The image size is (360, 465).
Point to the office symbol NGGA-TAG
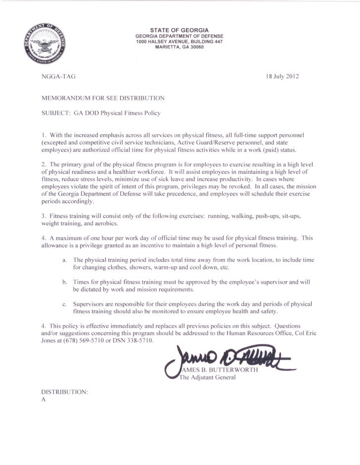click(x=55, y=77)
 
